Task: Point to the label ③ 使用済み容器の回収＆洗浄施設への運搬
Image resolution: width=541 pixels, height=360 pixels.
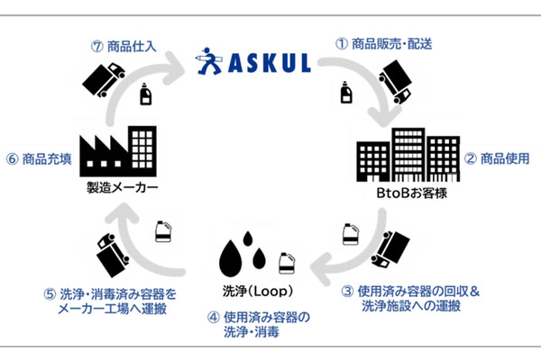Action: pos(417,298)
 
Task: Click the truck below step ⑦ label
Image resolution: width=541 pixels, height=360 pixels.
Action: pos(104,81)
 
